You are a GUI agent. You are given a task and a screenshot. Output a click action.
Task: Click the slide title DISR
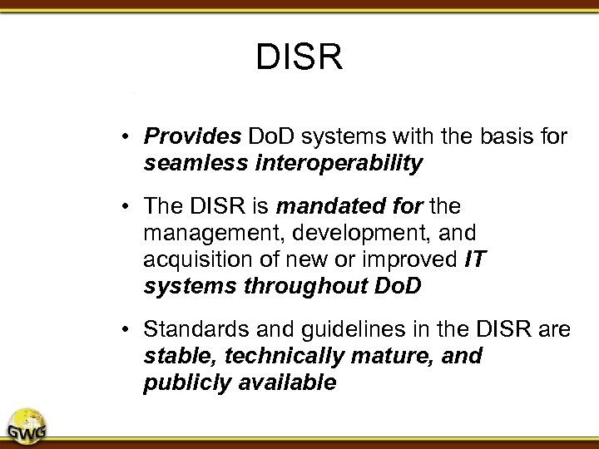[x=299, y=57]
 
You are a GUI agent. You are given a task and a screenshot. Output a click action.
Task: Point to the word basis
[x=483, y=136]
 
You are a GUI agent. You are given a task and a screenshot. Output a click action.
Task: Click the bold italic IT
[x=473, y=260]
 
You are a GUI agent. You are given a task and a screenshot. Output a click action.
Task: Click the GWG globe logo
[x=27, y=426]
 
